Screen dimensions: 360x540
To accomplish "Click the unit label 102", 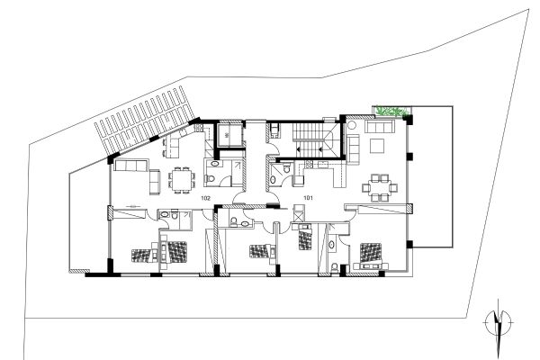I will [205, 197].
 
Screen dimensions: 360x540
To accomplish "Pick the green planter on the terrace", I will [392, 111].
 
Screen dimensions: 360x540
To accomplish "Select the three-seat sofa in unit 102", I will [130, 167].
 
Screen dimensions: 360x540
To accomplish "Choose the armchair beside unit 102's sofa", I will [154, 183].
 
